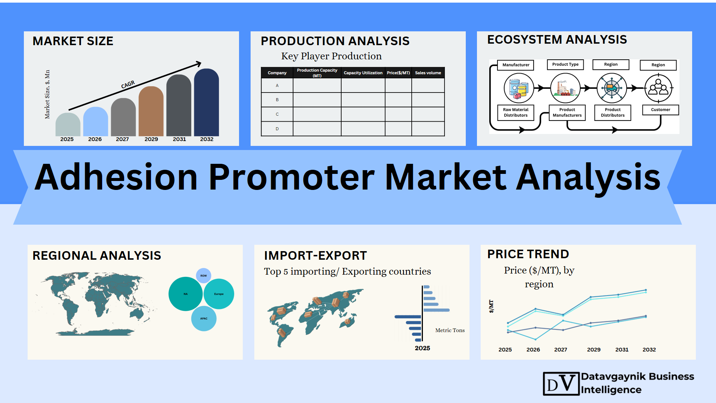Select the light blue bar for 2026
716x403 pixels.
(x=95, y=122)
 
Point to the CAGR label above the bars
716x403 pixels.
(x=128, y=85)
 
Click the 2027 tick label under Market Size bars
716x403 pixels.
(x=122, y=139)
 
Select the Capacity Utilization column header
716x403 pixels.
(x=363, y=73)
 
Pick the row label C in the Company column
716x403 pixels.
(x=277, y=114)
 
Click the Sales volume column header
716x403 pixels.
(x=428, y=73)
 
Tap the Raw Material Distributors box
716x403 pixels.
(x=516, y=112)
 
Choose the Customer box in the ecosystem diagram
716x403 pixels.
(x=660, y=110)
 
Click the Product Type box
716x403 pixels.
(x=565, y=65)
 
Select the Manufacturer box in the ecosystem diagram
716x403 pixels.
(x=516, y=65)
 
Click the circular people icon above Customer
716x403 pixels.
(x=659, y=88)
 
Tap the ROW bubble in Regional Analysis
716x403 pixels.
(x=204, y=276)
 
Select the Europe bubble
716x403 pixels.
(x=219, y=294)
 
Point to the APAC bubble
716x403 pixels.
(x=204, y=319)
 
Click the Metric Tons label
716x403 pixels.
(x=450, y=330)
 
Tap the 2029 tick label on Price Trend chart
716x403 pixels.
(x=594, y=350)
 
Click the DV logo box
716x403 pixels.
(x=561, y=384)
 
